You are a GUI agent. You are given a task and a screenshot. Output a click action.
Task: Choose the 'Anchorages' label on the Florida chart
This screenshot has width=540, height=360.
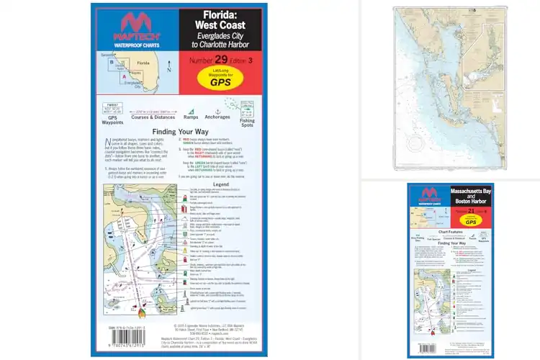tap(217, 117)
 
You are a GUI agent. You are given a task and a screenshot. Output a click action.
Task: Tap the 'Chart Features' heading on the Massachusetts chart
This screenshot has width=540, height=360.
tap(450, 233)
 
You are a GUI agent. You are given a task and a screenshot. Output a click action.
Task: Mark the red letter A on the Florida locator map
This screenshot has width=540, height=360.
tap(125, 76)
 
